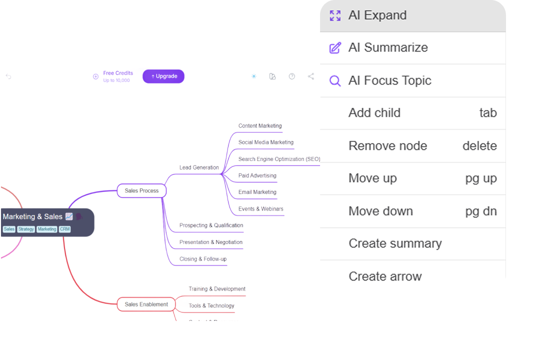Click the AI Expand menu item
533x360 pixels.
377,15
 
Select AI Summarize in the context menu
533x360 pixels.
388,47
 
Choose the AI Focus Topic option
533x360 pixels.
389,80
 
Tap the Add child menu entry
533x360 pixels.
374,113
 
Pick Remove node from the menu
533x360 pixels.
387,146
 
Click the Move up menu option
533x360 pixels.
372,178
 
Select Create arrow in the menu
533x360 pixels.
385,276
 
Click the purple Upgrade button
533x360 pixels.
163,76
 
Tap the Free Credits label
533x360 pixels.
118,73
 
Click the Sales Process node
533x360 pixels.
141,191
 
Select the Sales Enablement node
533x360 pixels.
146,304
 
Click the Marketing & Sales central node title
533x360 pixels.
32,216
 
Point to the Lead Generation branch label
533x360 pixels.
199,167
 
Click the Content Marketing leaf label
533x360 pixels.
260,126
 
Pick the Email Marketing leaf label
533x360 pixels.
257,192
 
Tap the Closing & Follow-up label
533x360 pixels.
203,259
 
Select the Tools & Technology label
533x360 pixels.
211,305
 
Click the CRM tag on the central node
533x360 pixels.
65,229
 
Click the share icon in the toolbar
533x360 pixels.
311,76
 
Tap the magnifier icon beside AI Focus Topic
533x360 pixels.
335,80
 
